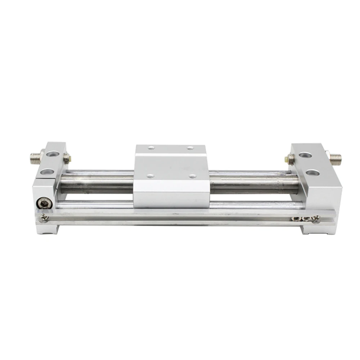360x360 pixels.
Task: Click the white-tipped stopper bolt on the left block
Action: coord(67,157)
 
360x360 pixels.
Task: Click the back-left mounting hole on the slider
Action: coord(151,147)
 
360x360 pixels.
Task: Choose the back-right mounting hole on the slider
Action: coord(190,148)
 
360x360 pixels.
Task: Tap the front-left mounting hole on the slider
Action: coord(150,176)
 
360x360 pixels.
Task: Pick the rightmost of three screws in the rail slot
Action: coord(316,218)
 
